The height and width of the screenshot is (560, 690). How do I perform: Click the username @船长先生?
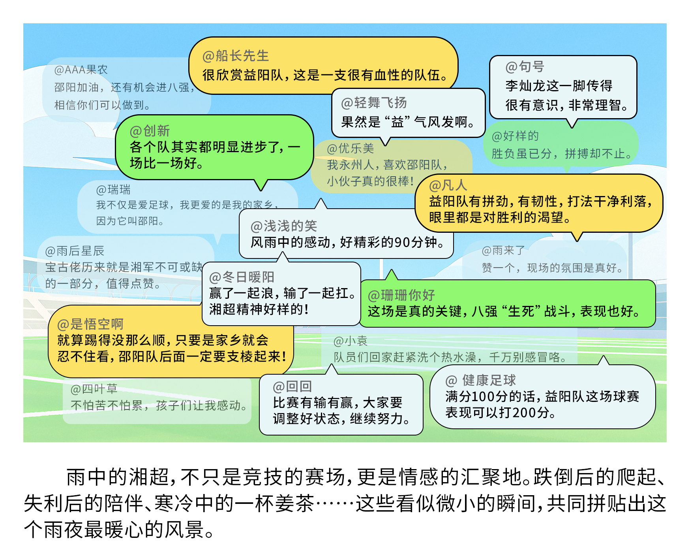point(235,56)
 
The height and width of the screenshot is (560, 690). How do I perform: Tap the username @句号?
point(525,67)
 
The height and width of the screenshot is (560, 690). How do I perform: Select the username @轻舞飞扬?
point(373,103)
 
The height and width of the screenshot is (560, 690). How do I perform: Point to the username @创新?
point(150,131)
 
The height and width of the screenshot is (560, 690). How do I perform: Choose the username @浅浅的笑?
point(283,226)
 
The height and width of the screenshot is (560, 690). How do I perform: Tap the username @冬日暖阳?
point(241,277)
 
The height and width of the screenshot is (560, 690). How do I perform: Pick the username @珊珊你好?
point(401,295)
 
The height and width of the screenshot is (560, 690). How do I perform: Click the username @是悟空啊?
point(90,324)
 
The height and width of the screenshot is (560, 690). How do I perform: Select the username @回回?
point(292,387)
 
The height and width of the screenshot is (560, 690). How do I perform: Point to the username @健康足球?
point(480,381)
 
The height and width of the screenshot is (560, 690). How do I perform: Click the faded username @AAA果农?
point(81,70)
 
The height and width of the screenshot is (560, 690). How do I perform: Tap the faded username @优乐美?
point(350,149)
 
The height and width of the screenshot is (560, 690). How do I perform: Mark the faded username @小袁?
point(350,341)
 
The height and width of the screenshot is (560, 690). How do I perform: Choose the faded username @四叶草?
point(94,389)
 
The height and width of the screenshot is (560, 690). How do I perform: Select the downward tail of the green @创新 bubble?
point(261,185)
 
